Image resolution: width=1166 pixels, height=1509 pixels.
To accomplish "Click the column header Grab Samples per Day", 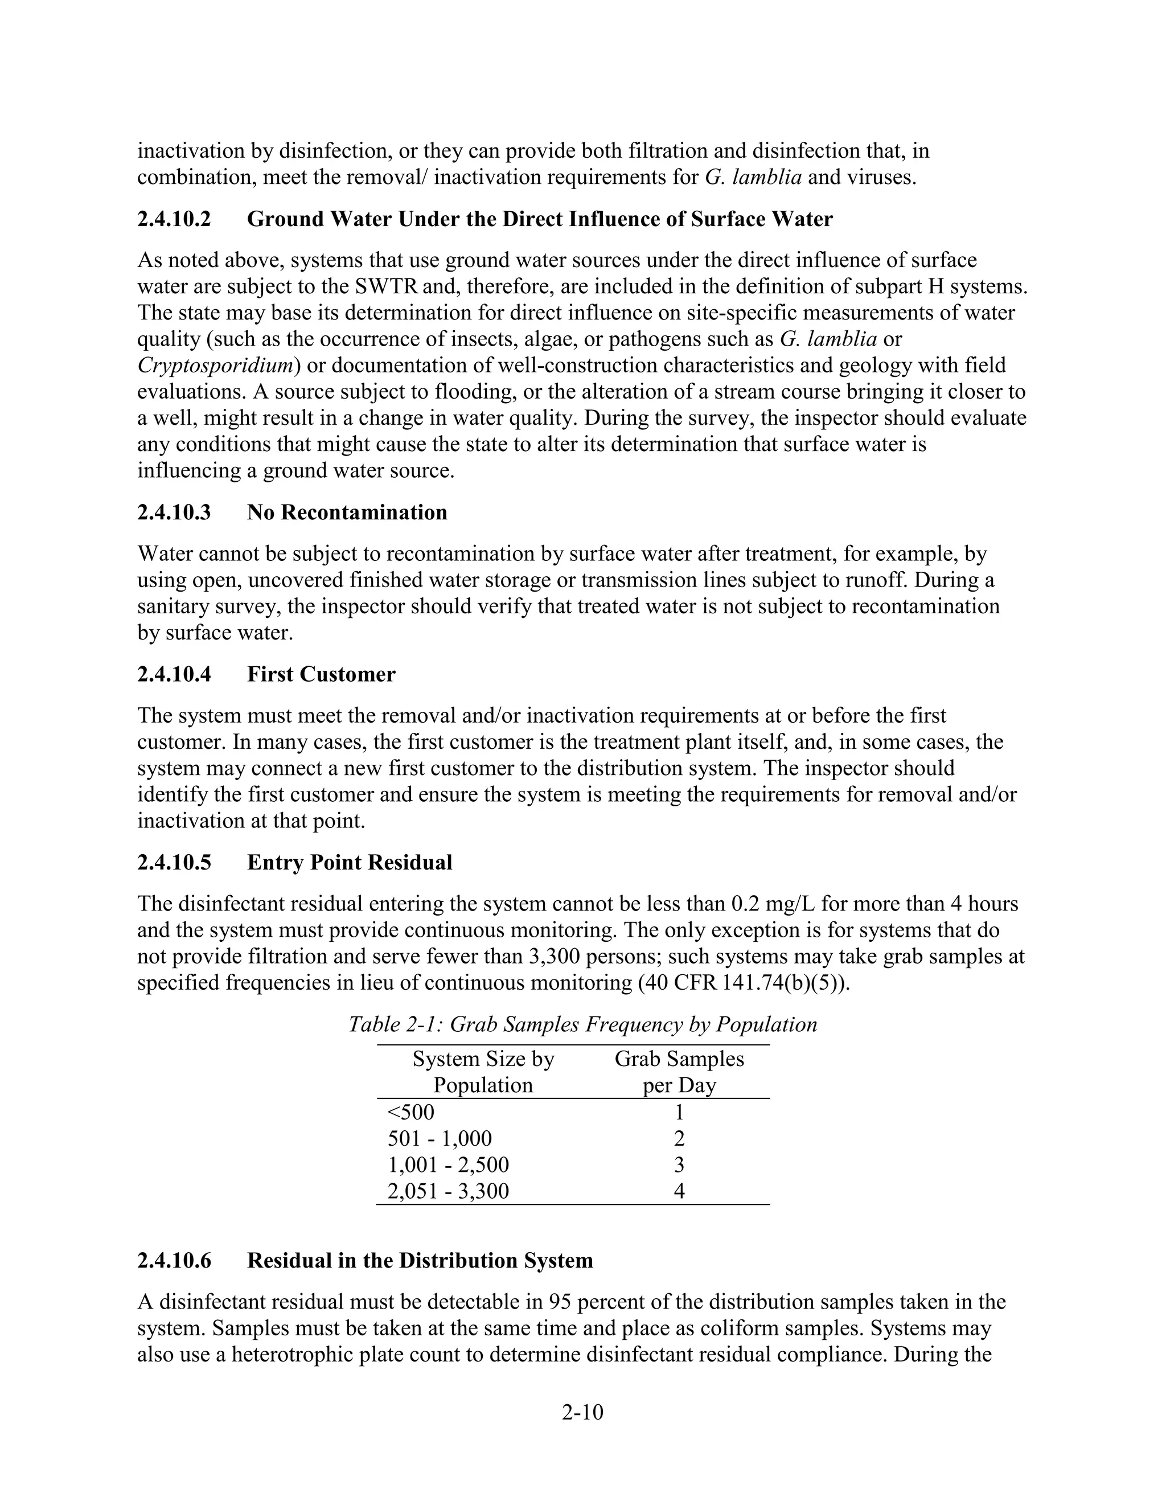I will click(x=679, y=1072).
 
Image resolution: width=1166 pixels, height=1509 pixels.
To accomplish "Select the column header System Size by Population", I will click(x=483, y=1072).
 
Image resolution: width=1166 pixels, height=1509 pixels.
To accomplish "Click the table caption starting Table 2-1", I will click(x=582, y=1023).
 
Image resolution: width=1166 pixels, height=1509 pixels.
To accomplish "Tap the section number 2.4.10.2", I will click(x=174, y=219).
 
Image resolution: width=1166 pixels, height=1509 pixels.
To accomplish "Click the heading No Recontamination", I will click(x=347, y=512).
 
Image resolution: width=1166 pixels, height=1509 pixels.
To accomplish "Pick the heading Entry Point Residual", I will click(x=350, y=862).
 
